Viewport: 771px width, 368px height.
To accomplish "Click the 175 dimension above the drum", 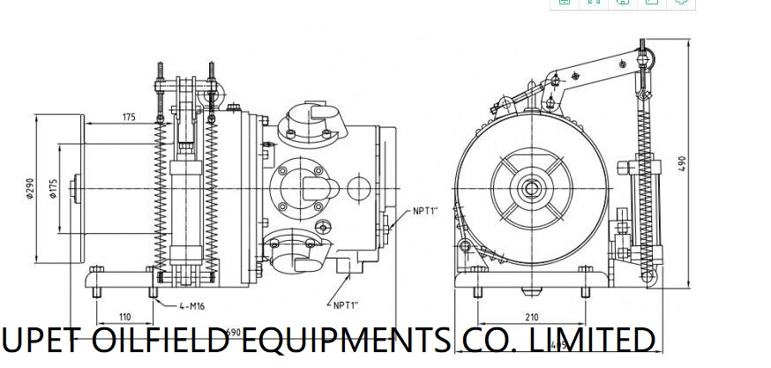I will point(129,116).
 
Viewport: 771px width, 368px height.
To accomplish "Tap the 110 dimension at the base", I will point(124,315).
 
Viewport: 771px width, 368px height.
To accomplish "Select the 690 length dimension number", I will point(233,333).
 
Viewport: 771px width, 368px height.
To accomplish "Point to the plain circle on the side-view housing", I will point(359,188).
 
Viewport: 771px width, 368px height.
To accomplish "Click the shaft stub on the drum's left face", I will point(79,186).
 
